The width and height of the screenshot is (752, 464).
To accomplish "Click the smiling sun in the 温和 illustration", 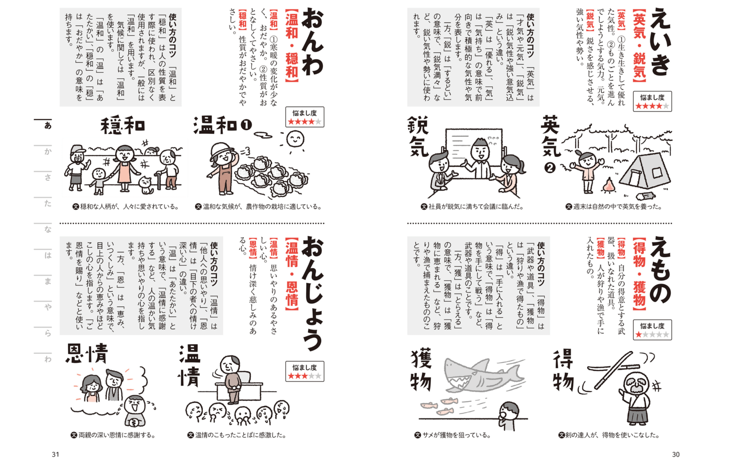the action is [294, 140].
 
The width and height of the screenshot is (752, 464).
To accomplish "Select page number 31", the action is [55, 454].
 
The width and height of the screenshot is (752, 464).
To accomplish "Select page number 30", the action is [676, 454].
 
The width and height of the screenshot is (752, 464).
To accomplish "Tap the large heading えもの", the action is [660, 270].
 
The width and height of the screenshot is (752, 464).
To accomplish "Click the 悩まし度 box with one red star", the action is [652, 330].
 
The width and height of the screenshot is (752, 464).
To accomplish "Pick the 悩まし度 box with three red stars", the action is [305, 371].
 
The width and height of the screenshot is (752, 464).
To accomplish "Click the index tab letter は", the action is [48, 255].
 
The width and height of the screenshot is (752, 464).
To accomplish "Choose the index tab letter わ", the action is [48, 359].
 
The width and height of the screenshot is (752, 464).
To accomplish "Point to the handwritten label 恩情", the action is [87, 354].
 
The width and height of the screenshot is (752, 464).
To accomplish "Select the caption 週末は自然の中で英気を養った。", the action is [614, 207].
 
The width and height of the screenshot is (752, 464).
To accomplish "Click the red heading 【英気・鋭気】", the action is [639, 46].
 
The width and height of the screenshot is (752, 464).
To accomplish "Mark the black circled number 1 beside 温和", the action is [246, 125].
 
